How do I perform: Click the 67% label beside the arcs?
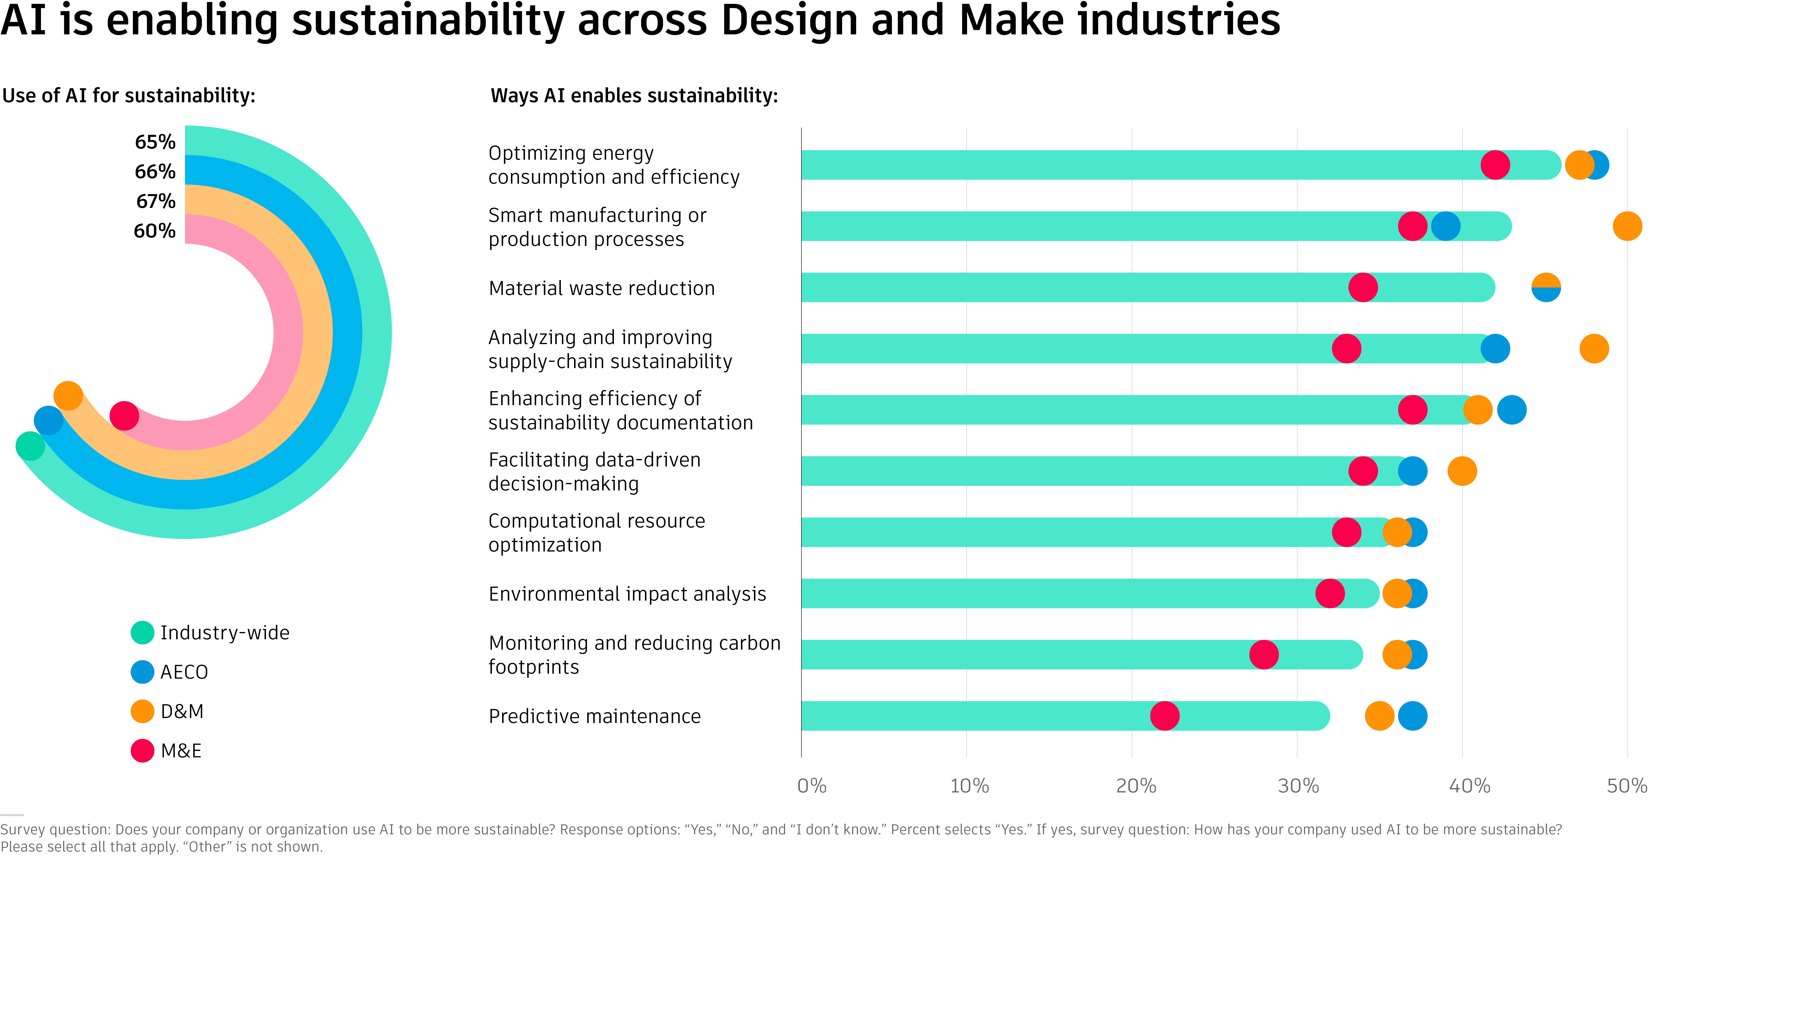pyautogui.click(x=155, y=202)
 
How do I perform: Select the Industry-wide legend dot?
pyautogui.click(x=142, y=632)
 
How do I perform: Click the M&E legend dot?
pyautogui.click(x=142, y=750)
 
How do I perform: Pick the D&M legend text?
pyautogui.click(x=182, y=712)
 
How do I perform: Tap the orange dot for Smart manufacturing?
pyautogui.click(x=1627, y=226)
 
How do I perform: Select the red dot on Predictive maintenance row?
pyautogui.click(x=1164, y=716)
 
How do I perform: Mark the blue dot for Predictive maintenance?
pyautogui.click(x=1412, y=716)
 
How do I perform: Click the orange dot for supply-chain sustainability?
pyautogui.click(x=1594, y=348)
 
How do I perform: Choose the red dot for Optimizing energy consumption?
pyautogui.click(x=1495, y=165)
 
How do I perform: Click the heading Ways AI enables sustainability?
pyautogui.click(x=634, y=95)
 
